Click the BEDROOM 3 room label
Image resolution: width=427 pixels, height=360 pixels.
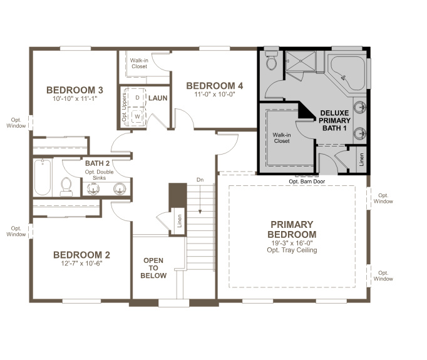point(75,90)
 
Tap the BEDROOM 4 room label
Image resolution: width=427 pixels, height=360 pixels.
point(214,86)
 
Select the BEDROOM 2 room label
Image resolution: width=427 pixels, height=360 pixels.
point(81,255)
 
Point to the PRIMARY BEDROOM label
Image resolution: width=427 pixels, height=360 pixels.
point(292,229)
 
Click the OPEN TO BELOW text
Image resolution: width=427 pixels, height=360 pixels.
point(154,268)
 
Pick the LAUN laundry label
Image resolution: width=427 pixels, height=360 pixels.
point(157,98)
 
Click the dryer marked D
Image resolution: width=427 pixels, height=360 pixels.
point(137,98)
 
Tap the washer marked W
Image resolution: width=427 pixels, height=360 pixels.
point(137,116)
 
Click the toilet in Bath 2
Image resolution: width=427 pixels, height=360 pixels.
point(66,185)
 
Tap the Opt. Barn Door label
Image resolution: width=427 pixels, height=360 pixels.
point(306,182)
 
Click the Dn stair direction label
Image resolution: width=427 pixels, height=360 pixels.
point(200,179)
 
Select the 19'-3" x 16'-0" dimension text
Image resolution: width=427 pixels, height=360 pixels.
point(292,242)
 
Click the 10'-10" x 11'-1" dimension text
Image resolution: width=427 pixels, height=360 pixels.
point(75,100)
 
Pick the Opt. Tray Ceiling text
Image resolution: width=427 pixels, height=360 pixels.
point(292,250)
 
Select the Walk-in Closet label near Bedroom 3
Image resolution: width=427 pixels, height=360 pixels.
point(139,63)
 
